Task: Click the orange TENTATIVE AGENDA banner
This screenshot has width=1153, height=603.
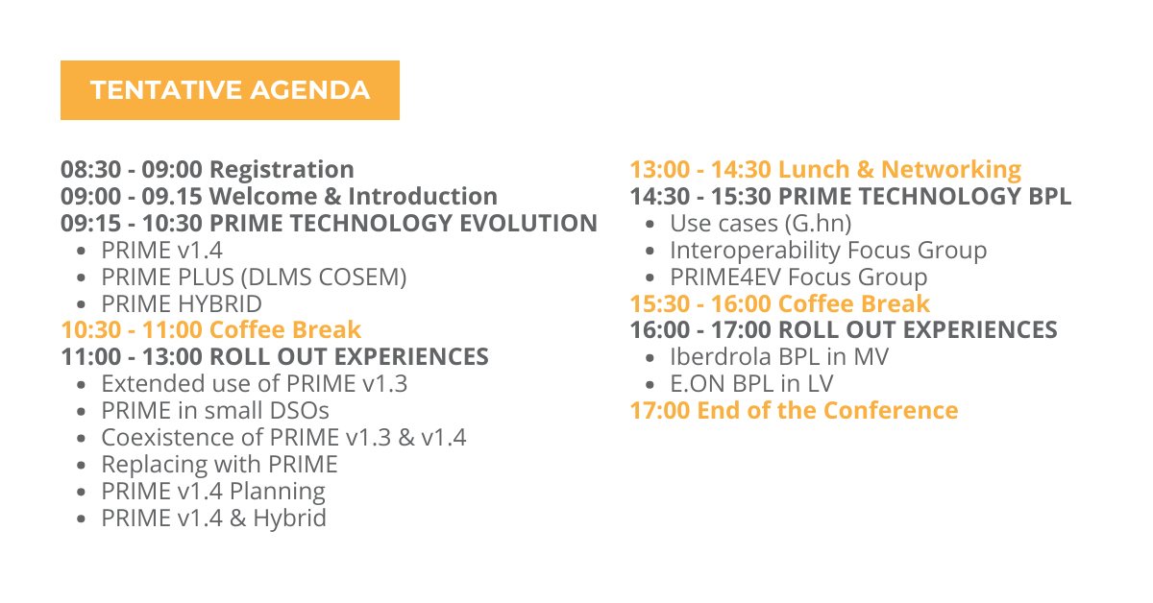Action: (230, 90)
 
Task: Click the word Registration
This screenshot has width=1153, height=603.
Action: (282, 170)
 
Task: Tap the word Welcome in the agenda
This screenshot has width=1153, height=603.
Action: (263, 196)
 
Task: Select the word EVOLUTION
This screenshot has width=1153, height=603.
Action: (528, 224)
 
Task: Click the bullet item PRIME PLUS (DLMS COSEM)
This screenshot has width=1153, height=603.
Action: (254, 277)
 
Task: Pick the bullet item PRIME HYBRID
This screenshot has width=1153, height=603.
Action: (182, 303)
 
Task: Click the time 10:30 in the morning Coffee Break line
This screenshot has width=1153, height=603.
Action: (91, 329)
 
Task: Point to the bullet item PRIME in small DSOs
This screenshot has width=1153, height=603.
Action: (215, 411)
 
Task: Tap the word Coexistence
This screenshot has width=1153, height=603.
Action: (168, 437)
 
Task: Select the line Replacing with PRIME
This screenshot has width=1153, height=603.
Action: (220, 465)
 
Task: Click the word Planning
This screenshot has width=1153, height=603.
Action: (278, 492)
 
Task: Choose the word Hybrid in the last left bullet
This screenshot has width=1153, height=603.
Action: (290, 519)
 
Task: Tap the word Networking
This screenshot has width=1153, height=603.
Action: (951, 170)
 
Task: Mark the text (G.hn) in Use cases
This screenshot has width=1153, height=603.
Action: (818, 224)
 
